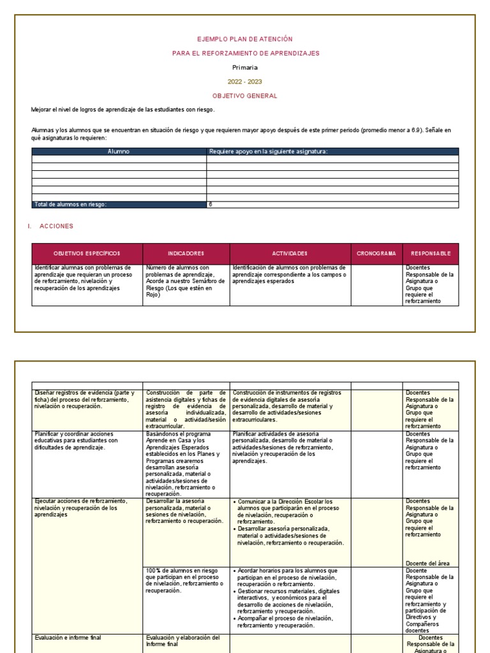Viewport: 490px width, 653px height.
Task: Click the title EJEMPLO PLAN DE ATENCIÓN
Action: (x=246, y=39)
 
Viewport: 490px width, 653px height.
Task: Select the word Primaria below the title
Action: (x=246, y=67)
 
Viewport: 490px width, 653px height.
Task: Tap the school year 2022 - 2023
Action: (x=246, y=82)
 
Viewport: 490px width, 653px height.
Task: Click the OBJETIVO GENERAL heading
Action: (x=246, y=96)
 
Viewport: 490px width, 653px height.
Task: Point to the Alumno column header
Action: (x=119, y=152)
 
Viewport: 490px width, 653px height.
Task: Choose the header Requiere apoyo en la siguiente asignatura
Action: (x=269, y=152)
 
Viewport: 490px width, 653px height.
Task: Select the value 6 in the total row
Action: (x=211, y=204)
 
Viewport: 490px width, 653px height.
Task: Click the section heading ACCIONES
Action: (x=56, y=226)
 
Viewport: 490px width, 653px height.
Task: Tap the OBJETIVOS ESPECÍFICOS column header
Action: (x=87, y=253)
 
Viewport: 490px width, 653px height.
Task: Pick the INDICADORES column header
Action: (x=186, y=253)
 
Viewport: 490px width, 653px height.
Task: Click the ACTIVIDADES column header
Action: (x=290, y=253)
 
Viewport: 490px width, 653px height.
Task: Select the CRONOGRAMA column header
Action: (x=376, y=253)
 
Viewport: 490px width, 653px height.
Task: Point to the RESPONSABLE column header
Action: (x=431, y=253)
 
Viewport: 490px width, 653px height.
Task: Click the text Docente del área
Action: (x=427, y=563)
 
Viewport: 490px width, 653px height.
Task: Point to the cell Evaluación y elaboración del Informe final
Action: (x=183, y=640)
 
